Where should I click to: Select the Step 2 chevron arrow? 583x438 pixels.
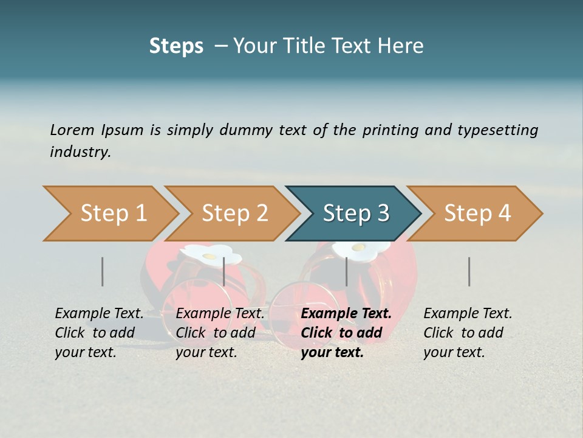(234, 214)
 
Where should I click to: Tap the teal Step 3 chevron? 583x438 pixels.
(355, 214)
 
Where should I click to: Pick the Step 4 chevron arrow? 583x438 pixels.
(477, 214)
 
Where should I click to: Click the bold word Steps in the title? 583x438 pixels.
(176, 46)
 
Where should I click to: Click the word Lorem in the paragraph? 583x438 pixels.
(72, 130)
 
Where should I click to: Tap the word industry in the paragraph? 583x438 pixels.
(80, 151)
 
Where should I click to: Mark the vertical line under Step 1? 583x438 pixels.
(103, 271)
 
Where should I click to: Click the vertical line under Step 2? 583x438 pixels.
(224, 271)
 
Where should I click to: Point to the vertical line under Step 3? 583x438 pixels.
(346, 271)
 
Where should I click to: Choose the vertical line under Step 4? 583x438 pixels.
(469, 271)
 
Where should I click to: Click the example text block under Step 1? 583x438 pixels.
(99, 333)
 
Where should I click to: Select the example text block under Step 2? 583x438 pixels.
(220, 333)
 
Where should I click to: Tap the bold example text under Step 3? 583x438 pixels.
(346, 333)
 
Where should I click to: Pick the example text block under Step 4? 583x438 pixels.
(468, 333)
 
